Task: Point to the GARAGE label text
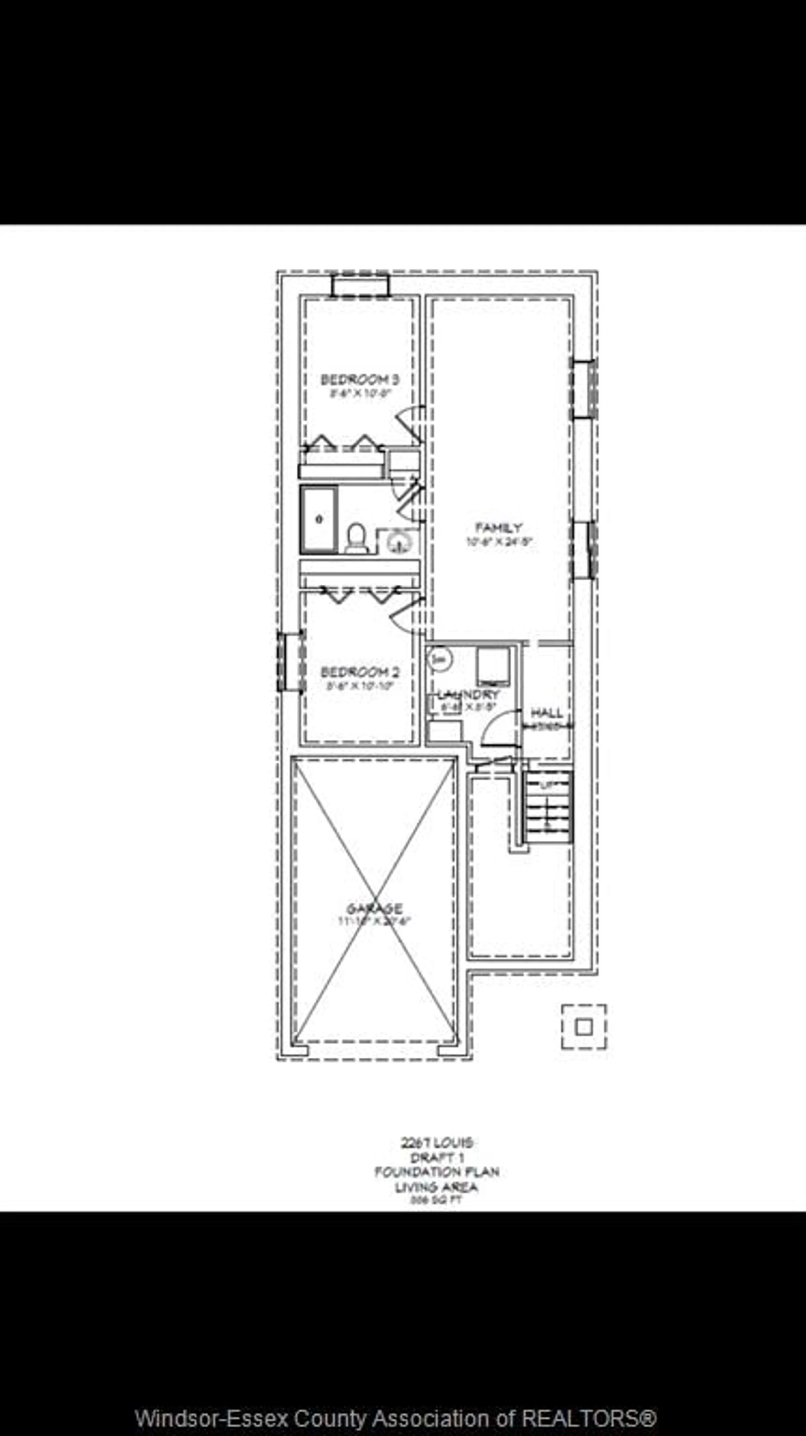pos(374,909)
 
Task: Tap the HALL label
pos(546,712)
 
